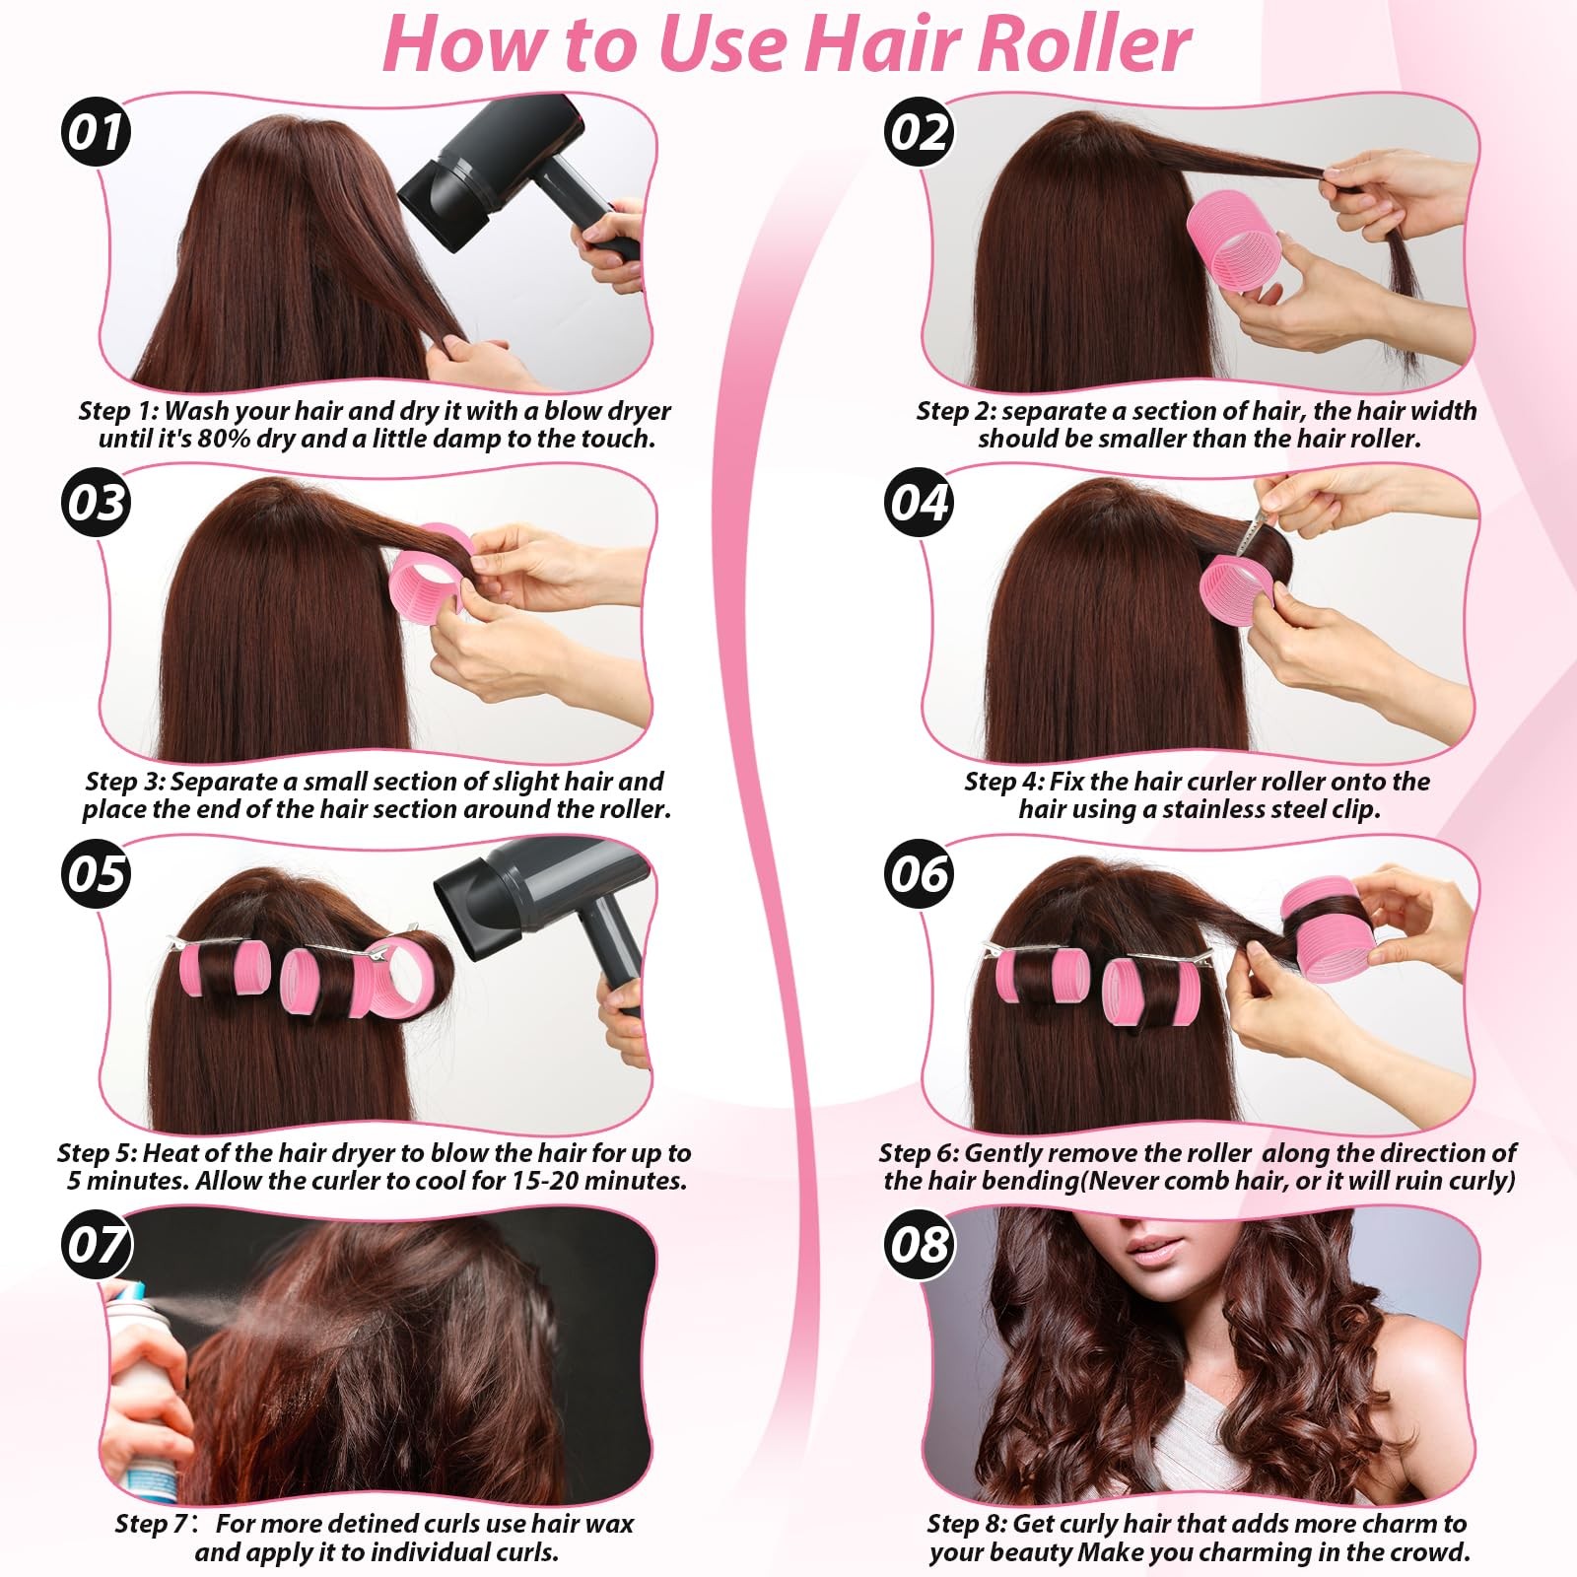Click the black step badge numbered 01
(96, 132)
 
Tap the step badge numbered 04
(919, 502)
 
